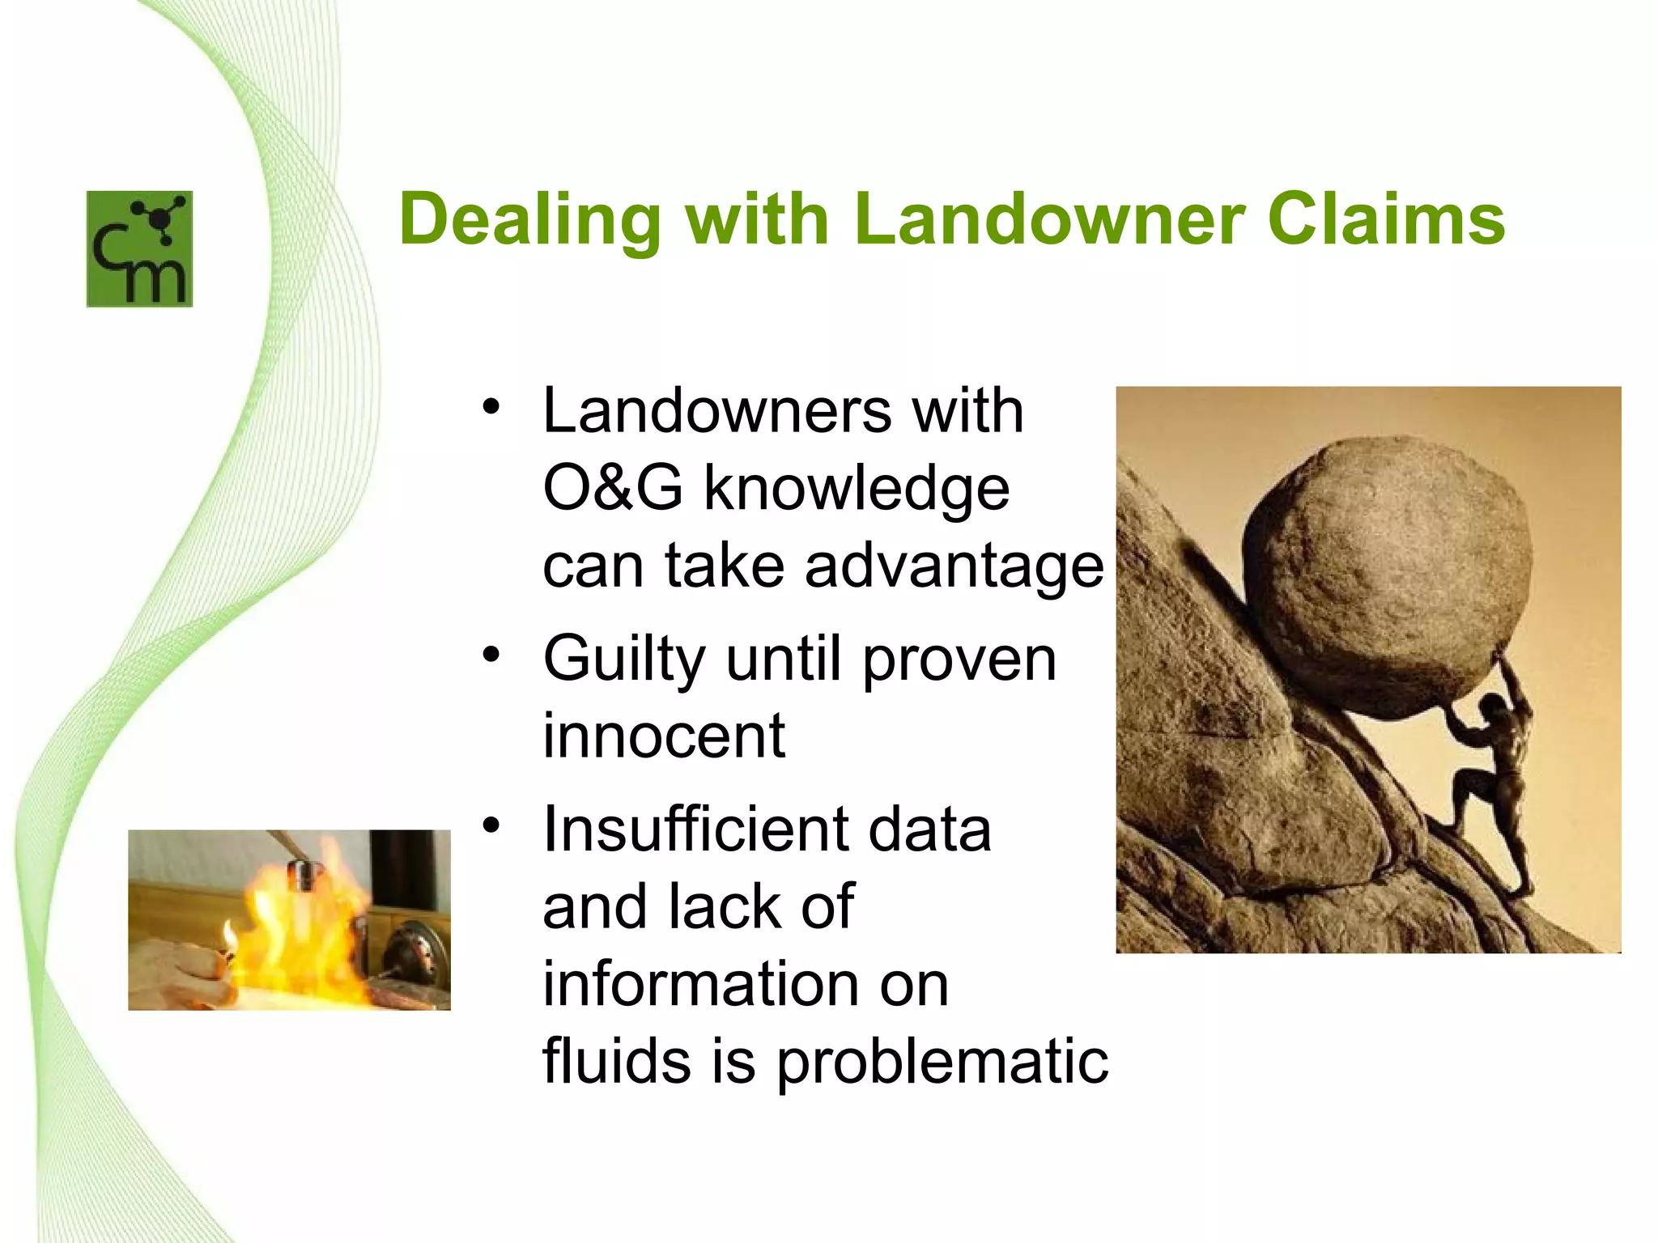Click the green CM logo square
click(x=139, y=248)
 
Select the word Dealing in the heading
click(x=530, y=220)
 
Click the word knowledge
click(x=857, y=490)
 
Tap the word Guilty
click(x=623, y=660)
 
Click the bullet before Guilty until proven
click(x=491, y=654)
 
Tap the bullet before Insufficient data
click(x=491, y=825)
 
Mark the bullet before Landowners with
click(x=491, y=406)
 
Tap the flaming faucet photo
click(x=289, y=919)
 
